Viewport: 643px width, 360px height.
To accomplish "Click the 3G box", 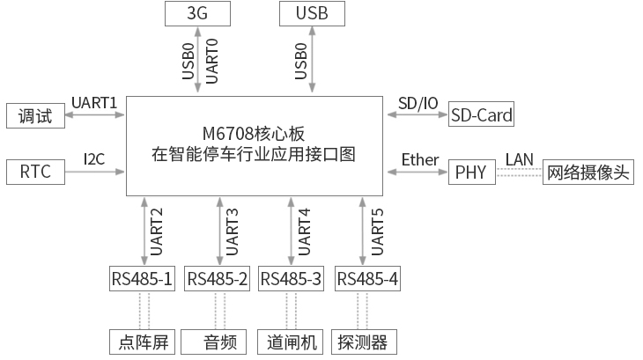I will click(197, 13).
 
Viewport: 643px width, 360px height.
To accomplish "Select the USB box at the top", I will click(312, 13).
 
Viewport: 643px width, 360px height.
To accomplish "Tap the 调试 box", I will click(35, 115).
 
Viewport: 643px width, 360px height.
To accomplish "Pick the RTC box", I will click(35, 172).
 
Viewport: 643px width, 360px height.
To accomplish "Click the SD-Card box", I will click(482, 115).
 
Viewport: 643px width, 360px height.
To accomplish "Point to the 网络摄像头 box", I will click(588, 172).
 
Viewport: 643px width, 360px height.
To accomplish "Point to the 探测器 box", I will click(362, 342).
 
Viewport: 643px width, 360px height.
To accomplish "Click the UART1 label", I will click(93, 103).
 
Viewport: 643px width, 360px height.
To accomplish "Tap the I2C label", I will click(94, 159).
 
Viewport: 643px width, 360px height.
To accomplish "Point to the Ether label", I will click(419, 159).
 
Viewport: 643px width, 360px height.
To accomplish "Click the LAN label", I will click(519, 159).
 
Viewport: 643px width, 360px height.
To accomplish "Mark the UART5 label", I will click(378, 231).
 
